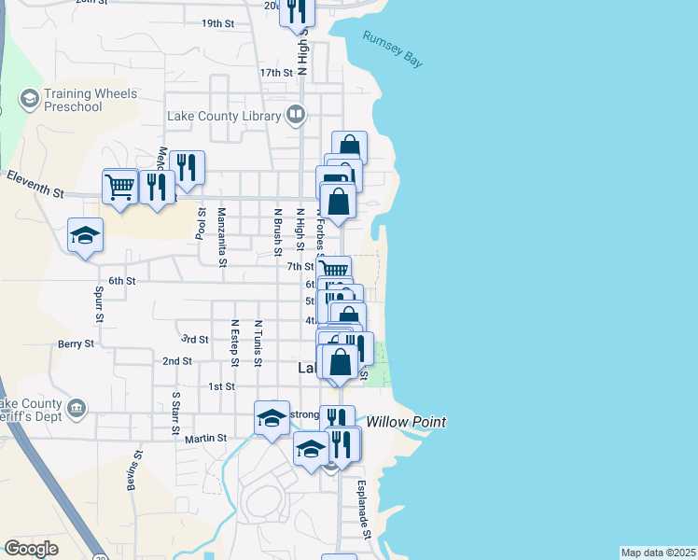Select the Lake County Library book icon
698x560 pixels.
click(295, 116)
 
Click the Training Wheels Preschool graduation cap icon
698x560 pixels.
click(28, 97)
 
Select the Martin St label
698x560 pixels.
click(205, 438)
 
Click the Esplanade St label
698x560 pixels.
click(366, 509)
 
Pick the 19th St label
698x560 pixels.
click(216, 23)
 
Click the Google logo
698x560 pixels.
click(31, 549)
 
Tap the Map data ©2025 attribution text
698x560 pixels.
click(658, 553)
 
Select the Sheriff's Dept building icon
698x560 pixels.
click(77, 408)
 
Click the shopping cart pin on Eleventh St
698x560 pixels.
click(119, 188)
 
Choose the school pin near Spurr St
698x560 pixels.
click(84, 234)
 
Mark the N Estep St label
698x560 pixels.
click(234, 343)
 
